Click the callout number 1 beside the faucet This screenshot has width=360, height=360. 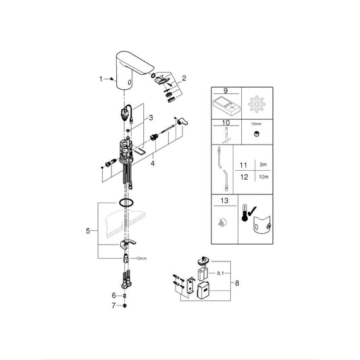tap(101, 79)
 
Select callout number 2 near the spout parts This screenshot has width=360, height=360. tap(184, 78)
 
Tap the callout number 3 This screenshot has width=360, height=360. tap(151, 118)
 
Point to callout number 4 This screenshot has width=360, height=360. tap(153, 163)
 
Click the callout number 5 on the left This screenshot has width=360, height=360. tap(88, 231)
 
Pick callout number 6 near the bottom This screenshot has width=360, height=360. tap(113, 295)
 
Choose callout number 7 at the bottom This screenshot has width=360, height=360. tap(113, 305)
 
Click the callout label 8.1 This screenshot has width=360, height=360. tap(220, 274)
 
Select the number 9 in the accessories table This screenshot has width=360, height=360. tap(226, 91)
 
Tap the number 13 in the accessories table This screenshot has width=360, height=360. tap(224, 201)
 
